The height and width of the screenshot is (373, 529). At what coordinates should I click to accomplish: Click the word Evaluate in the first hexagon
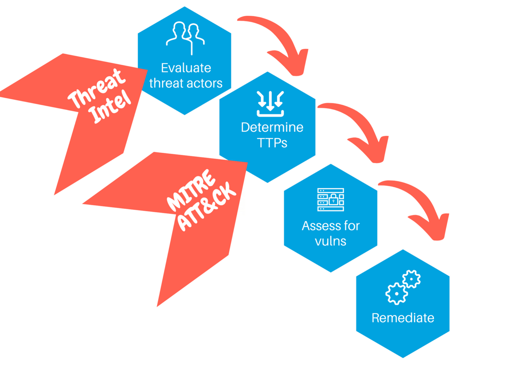(186, 68)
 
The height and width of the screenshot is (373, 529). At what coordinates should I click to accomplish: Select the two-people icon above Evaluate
(185, 37)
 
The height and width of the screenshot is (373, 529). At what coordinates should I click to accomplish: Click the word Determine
(272, 127)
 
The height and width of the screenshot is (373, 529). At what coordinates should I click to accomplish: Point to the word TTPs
(272, 143)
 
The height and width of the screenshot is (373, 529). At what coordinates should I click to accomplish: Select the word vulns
(330, 241)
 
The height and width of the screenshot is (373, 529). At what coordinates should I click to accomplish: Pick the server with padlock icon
(330, 200)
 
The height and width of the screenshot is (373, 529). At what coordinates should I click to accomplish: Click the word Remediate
(403, 318)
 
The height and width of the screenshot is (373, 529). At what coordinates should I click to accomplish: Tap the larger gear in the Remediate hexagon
(396, 294)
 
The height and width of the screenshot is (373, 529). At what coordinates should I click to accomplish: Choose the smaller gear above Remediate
(411, 279)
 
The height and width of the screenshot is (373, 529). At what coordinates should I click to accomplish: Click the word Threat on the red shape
(96, 88)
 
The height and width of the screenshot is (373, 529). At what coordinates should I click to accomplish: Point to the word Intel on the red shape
(110, 107)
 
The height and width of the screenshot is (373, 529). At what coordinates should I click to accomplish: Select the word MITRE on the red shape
(191, 190)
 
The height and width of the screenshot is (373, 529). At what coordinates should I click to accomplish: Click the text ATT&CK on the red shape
(207, 207)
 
